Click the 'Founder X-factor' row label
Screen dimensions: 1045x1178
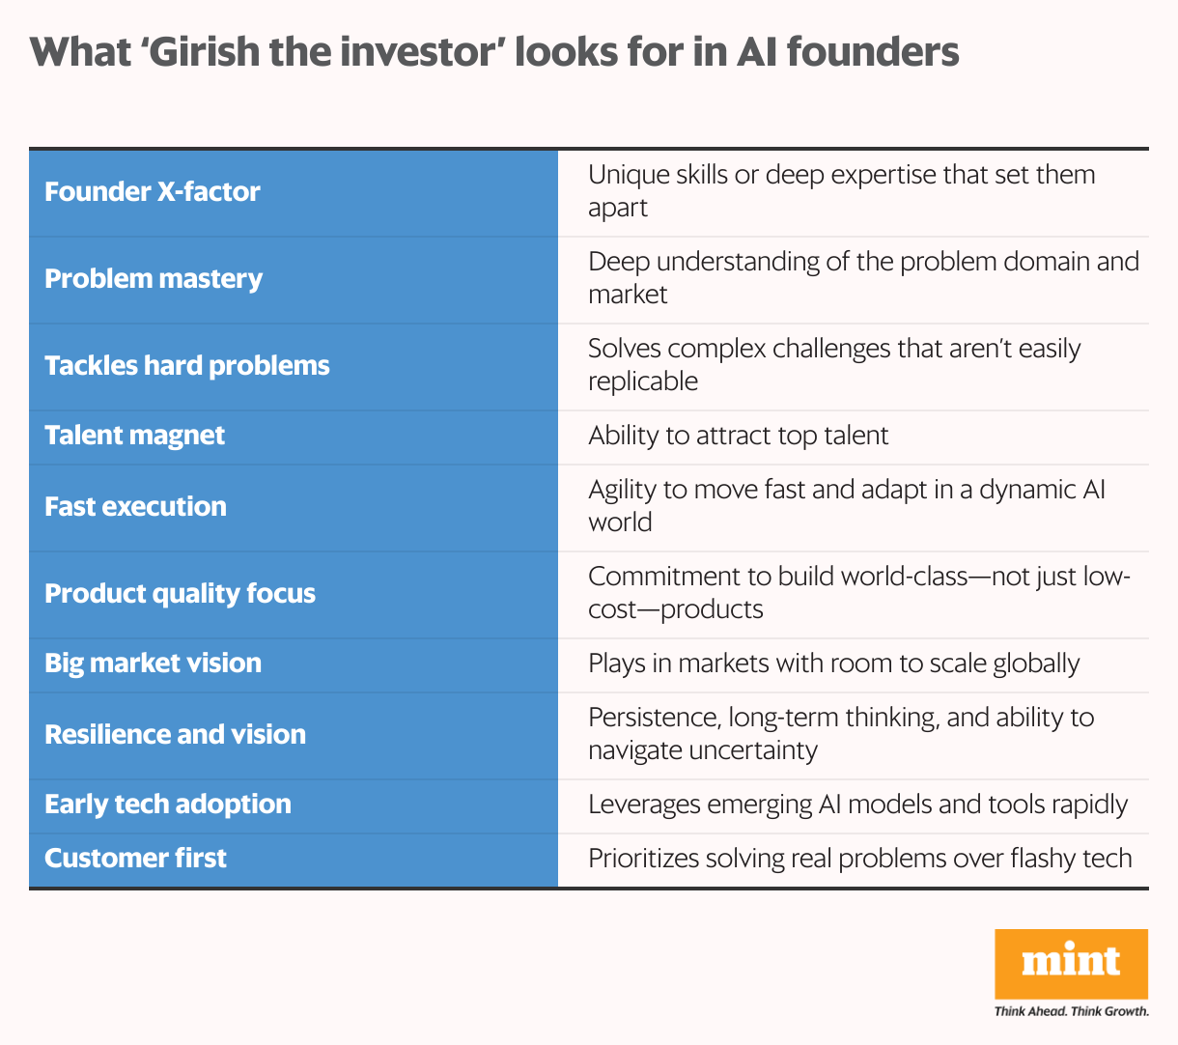click(153, 191)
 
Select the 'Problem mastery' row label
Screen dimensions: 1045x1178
click(154, 278)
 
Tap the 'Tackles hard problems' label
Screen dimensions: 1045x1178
click(187, 365)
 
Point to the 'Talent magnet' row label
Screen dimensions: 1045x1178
click(134, 435)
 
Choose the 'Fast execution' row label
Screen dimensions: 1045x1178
click(135, 506)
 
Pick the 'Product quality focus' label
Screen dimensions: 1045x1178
click(180, 593)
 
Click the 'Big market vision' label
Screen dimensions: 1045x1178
click(153, 663)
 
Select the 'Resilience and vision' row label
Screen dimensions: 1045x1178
click(175, 734)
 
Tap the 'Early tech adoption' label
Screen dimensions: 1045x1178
click(168, 804)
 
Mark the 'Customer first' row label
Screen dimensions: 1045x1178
click(135, 858)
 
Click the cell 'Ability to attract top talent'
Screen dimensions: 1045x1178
click(738, 435)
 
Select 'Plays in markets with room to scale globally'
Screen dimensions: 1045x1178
click(833, 663)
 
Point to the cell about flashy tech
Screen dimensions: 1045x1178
click(859, 858)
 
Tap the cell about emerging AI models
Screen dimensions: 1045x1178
click(857, 804)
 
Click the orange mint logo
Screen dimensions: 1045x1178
click(1071, 963)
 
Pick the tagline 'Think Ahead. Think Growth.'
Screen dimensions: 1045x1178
click(1071, 1011)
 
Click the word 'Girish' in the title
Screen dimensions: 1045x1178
click(208, 51)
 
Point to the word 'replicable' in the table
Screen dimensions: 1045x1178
click(643, 381)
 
